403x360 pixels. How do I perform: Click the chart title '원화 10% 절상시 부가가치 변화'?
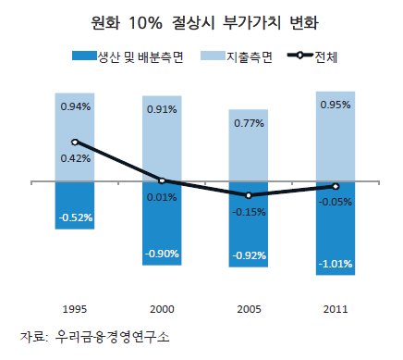[204, 23]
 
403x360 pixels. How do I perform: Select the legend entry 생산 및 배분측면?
[128, 56]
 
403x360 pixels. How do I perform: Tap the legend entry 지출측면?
[237, 56]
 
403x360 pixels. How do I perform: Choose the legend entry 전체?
[312, 56]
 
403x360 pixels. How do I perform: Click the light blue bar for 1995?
[75, 138]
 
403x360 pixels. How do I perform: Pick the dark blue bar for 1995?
[75, 205]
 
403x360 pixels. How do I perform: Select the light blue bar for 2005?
[249, 145]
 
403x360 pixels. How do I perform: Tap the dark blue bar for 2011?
[336, 229]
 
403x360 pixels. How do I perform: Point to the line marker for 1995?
[75, 143]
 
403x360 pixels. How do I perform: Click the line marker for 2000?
[162, 180]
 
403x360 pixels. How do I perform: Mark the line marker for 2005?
[249, 195]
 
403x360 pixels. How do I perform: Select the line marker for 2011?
[336, 186]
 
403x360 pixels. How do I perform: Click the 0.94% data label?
[76, 106]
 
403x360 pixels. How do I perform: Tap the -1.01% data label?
[336, 264]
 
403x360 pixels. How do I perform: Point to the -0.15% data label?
[249, 212]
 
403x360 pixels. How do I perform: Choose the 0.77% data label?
[249, 123]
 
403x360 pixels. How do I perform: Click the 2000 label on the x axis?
[162, 309]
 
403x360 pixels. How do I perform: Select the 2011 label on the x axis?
[336, 309]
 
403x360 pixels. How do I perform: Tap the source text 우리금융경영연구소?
[112, 337]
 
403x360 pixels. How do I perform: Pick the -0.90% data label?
[162, 254]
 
